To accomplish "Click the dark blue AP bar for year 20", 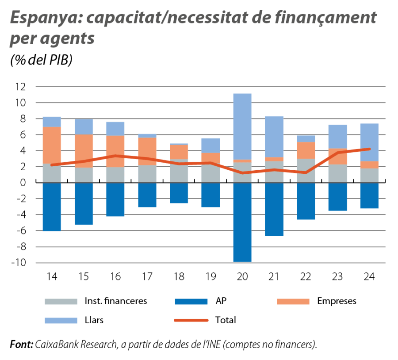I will click(242, 222).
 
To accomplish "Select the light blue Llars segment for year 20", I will click(242, 126).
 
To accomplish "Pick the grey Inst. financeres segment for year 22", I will click(306, 171).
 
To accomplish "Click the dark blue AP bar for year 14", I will click(52, 207).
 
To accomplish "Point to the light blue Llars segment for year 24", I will click(369, 142).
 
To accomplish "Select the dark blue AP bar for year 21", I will click(274, 209).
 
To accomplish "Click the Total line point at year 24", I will click(369, 149).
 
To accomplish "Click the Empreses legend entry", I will click(316, 301).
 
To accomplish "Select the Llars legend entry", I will click(75, 320).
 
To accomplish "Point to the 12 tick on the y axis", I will click(20, 87).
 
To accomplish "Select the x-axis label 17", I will click(147, 277).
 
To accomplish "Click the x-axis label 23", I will click(337, 277).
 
